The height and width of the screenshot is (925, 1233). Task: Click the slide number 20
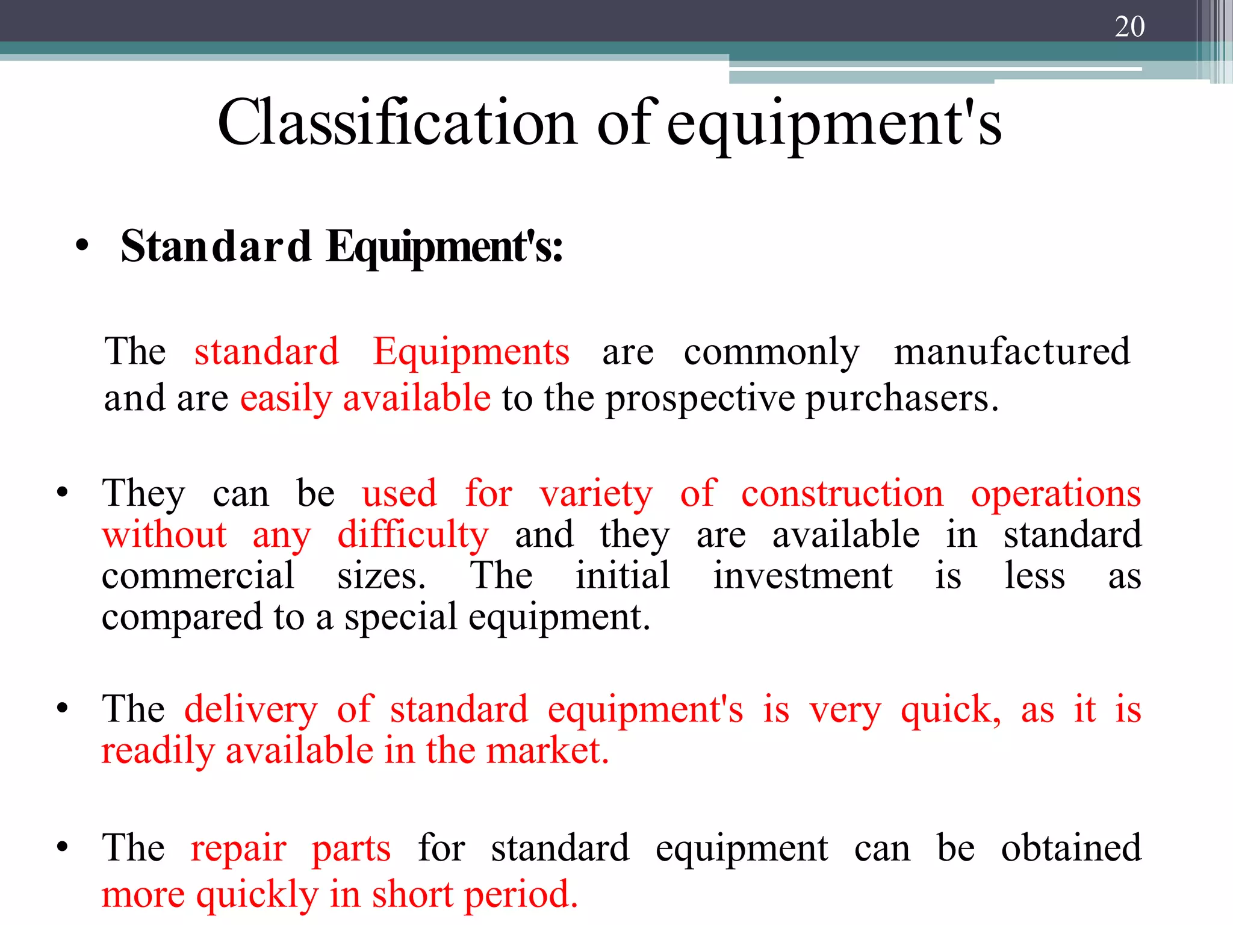click(1129, 26)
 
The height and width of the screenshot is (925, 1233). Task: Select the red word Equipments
click(471, 352)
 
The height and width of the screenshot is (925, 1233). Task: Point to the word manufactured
click(1011, 352)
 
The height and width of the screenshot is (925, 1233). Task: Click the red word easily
click(286, 399)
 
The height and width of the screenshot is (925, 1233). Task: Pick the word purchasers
click(902, 399)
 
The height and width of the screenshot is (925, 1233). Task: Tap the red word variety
click(596, 494)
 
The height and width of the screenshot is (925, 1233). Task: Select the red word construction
click(842, 494)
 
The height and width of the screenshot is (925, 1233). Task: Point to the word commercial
click(197, 576)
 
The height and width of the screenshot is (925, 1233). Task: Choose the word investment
click(803, 576)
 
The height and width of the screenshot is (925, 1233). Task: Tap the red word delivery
click(250, 709)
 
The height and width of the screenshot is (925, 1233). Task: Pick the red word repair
click(238, 849)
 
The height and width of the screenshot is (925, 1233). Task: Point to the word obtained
click(1071, 849)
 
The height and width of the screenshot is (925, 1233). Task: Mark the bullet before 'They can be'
click(62, 493)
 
